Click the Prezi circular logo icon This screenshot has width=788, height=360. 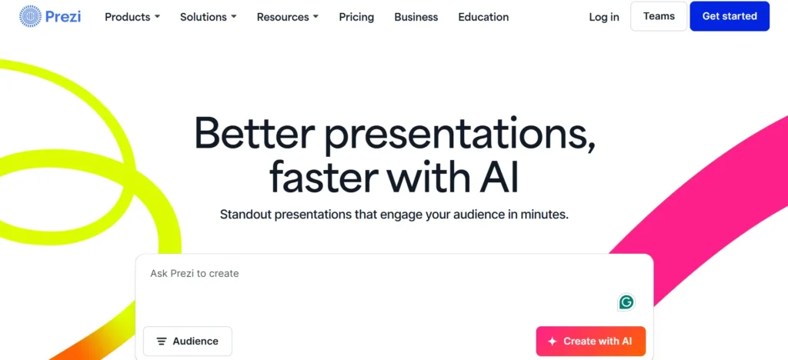(x=30, y=16)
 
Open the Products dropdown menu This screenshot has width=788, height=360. (x=132, y=17)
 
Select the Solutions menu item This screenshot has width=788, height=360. (x=208, y=17)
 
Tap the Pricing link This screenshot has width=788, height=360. (x=356, y=17)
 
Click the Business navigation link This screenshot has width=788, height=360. (x=416, y=17)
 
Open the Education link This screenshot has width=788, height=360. (x=483, y=17)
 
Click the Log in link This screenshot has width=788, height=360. (x=604, y=17)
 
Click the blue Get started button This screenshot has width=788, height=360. (x=730, y=16)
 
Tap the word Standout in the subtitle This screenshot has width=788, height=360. (x=247, y=214)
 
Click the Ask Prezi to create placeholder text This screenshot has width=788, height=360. (x=195, y=273)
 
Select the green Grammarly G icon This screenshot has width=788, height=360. (x=626, y=302)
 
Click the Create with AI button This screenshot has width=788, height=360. (x=590, y=342)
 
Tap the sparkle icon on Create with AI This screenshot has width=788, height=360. (x=552, y=342)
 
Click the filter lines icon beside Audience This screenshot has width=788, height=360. (x=162, y=342)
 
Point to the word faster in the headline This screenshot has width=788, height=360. (x=322, y=176)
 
